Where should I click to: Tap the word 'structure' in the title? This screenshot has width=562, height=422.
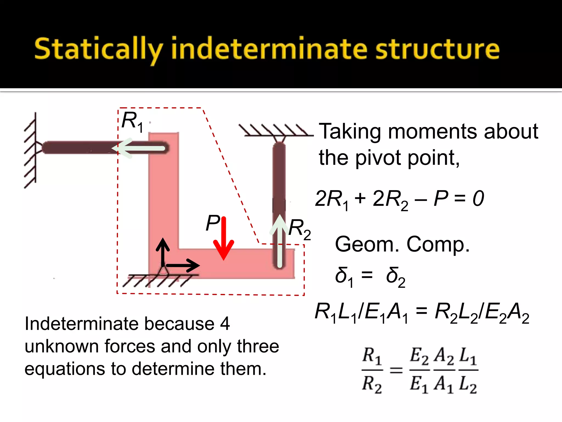pos(437,49)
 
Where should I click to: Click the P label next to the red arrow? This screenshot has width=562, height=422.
pos(212,223)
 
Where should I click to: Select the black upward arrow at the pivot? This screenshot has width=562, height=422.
pos(163,251)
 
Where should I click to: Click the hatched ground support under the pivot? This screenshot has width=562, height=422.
pos(159,280)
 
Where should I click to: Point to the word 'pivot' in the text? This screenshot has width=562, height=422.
pos(378,158)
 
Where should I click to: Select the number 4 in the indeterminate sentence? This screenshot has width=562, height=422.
pos(225,324)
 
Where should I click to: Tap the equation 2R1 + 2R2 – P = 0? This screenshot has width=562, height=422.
pos(399,199)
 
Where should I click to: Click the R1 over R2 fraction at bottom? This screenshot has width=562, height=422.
pos(372,370)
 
